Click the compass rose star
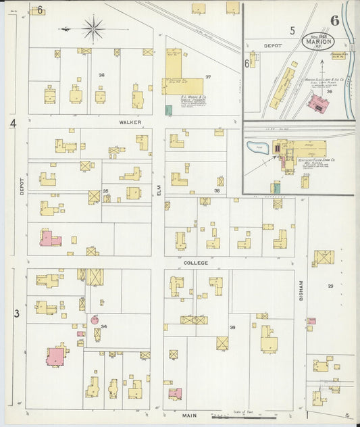[93, 28]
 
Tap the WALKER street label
[130, 122]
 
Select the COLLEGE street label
[195, 261]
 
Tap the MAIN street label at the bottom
[190, 416]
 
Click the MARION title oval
[317, 42]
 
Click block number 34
[103, 326]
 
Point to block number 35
[105, 191]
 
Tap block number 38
[217, 191]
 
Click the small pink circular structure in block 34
[95, 320]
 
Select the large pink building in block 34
[55, 356]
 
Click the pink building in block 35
[49, 238]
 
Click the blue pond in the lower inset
[257, 147]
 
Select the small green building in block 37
[168, 109]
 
